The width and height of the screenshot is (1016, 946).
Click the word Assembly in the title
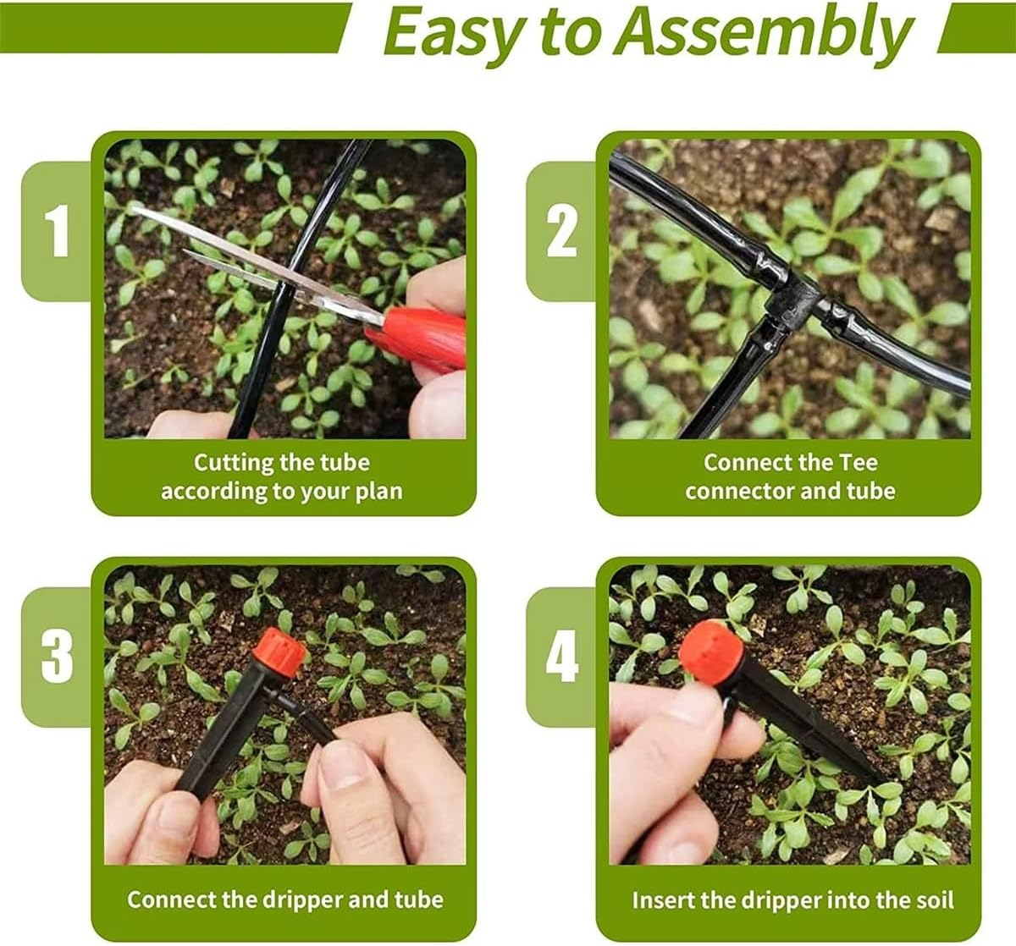[764, 32]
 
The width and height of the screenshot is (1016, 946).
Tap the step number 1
[57, 231]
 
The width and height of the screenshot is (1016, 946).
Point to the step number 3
[57, 656]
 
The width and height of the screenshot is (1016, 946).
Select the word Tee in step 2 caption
[858, 463]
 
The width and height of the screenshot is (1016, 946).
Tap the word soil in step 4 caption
[932, 900]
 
